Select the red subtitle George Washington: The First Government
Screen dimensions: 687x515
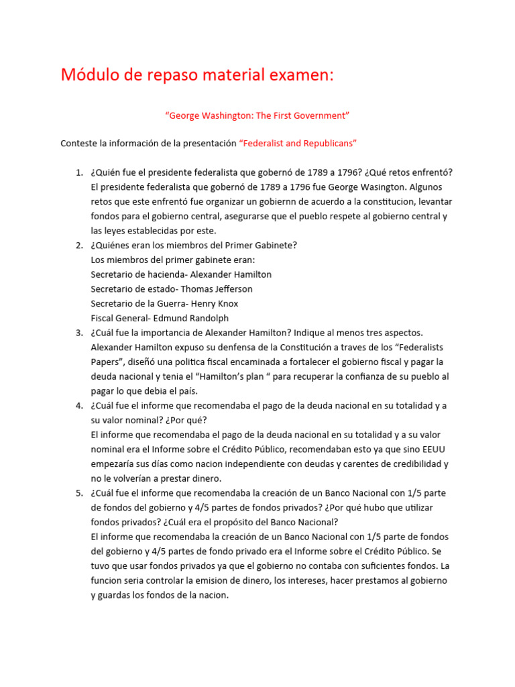[257, 115]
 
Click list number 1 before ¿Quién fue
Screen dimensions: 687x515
[78, 172]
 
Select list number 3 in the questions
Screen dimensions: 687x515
[78, 333]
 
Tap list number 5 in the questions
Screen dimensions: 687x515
[78, 493]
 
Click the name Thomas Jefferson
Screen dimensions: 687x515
[221, 289]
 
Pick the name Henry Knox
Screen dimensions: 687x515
[215, 304]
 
